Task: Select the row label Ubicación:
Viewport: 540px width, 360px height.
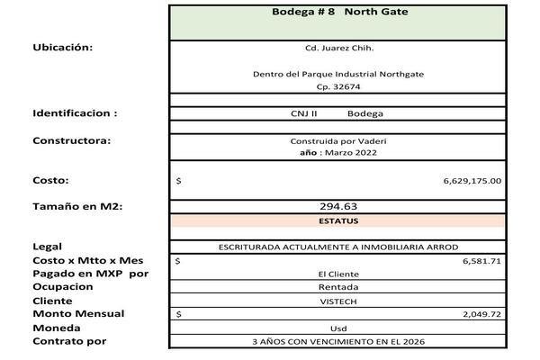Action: [x=63, y=48]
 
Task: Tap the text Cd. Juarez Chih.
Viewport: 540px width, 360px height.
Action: [x=338, y=49]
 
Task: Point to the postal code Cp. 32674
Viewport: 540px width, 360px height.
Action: [x=338, y=87]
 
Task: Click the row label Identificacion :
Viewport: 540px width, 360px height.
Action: [x=75, y=114]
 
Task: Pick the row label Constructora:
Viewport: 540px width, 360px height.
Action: [x=71, y=140]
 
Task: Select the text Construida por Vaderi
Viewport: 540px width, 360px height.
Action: [x=338, y=141]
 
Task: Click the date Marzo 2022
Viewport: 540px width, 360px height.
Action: [x=351, y=153]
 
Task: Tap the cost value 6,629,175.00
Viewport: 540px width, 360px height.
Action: [x=472, y=181]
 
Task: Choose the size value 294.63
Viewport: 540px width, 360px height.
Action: [x=338, y=207]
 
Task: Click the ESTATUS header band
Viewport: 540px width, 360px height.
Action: [x=338, y=220]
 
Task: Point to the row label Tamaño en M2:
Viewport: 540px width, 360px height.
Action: [x=77, y=207]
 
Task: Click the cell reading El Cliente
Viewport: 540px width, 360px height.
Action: [x=338, y=274]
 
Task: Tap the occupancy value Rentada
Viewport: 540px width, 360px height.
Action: [x=338, y=287]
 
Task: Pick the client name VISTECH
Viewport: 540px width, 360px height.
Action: [x=338, y=301]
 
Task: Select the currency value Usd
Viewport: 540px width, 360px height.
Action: [x=338, y=328]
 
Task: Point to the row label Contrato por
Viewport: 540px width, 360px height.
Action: [x=69, y=342]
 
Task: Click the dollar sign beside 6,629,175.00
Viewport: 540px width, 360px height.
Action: [x=179, y=181]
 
